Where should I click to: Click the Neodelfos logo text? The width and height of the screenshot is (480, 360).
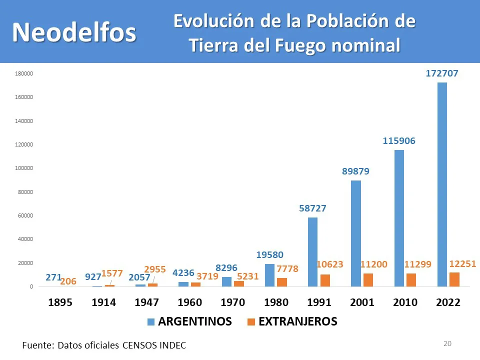[74, 32]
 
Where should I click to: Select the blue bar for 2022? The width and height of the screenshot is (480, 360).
[442, 184]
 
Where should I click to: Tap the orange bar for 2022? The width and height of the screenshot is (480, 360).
[454, 279]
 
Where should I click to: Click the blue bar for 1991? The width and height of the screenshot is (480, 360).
[312, 252]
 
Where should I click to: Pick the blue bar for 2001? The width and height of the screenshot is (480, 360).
[355, 233]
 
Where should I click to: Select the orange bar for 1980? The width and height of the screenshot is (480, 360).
[282, 282]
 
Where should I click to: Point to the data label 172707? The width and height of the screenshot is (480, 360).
[442, 73]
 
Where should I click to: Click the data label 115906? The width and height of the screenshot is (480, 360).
[399, 141]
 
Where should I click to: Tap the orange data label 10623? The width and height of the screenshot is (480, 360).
[330, 264]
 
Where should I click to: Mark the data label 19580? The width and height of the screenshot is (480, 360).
[270, 255]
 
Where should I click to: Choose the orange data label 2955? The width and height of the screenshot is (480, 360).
[155, 270]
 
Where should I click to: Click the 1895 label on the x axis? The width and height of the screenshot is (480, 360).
[60, 303]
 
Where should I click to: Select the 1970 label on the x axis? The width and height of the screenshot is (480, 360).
[233, 303]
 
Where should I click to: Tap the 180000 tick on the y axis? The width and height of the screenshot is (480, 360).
[24, 74]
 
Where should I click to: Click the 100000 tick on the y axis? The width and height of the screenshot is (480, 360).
[24, 168]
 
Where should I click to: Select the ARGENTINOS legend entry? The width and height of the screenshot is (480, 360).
[190, 322]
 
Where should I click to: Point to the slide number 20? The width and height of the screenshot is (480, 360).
[447, 343]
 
